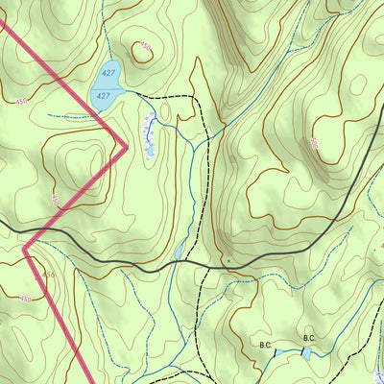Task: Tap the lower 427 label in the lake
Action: tap(104, 96)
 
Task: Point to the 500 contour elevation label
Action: tap(313, 143)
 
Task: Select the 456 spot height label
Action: tap(48, 276)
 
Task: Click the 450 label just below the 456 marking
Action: tap(26, 300)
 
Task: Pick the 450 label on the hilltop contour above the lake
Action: tap(145, 45)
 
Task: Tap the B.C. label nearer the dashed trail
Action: tap(265, 343)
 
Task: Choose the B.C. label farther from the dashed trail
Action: tap(309, 338)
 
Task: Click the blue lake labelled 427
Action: tap(106, 84)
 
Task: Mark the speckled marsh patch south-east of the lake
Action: tap(149, 135)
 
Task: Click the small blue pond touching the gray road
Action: tap(178, 252)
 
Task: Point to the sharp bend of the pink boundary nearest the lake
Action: tap(127, 146)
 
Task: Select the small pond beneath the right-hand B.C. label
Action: tap(306, 352)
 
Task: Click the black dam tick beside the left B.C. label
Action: tap(275, 351)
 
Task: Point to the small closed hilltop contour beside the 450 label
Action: tap(142, 53)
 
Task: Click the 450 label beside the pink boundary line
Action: tap(56, 201)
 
